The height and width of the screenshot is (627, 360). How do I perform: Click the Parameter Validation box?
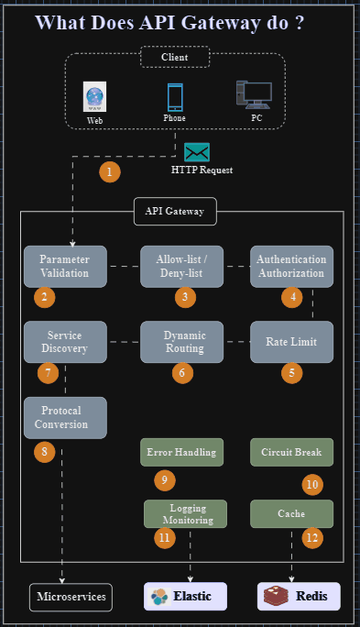coord(65,267)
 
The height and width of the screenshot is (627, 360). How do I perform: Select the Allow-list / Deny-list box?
coord(181,267)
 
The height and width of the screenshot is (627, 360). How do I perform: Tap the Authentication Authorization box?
coord(291,267)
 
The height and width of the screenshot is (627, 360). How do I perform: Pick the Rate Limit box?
coord(291,342)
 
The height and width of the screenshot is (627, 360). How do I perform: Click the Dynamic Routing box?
coord(181,342)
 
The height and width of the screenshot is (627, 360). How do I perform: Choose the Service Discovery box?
coord(65,342)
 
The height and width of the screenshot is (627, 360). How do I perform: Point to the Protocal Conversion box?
coord(65,417)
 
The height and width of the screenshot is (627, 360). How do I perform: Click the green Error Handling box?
coord(181,452)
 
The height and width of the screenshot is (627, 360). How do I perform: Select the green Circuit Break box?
coord(291,452)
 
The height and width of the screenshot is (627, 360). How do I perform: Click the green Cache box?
coord(291,513)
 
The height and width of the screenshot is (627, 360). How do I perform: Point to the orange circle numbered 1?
coord(110,171)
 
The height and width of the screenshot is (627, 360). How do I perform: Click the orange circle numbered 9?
coord(164,479)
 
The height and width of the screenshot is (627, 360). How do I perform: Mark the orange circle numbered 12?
coord(313,537)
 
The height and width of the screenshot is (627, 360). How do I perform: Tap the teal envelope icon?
coord(197,152)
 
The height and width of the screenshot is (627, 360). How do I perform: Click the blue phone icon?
coord(175,97)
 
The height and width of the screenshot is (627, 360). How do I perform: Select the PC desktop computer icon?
coord(254,95)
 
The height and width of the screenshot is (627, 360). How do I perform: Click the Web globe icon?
coord(94,97)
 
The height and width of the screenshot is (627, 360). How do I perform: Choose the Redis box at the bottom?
coord(299,597)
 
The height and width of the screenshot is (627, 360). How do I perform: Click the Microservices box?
coord(71,597)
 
